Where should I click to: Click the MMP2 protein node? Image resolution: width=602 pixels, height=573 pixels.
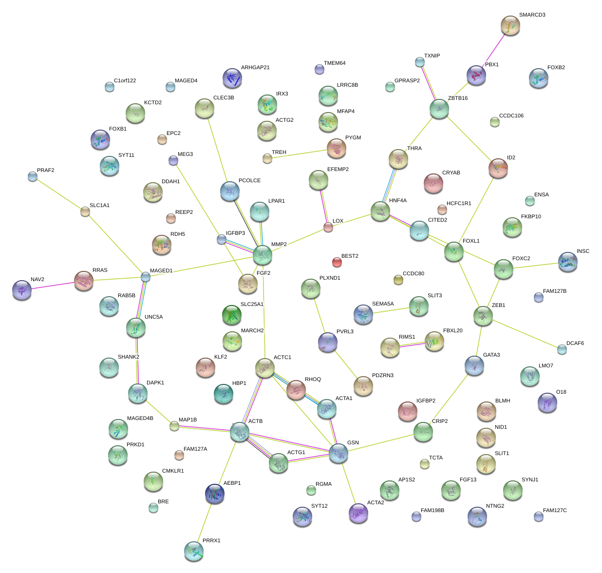click(263, 254)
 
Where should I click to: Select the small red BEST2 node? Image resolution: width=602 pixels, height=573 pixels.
click(337, 262)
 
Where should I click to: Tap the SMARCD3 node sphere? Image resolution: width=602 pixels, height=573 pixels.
click(510, 25)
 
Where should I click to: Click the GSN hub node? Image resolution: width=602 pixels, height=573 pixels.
click(339, 453)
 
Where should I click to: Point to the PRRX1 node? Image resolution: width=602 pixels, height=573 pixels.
click(194, 551)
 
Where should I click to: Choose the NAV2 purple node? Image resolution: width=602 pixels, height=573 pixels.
click(22, 290)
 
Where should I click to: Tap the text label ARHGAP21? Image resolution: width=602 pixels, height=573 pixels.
click(255, 68)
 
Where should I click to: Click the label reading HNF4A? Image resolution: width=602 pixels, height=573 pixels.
click(397, 201)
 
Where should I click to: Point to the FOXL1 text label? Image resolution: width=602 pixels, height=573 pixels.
click(471, 241)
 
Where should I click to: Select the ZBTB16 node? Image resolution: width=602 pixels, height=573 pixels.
click(439, 109)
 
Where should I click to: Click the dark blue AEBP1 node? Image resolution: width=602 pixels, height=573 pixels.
click(215, 494)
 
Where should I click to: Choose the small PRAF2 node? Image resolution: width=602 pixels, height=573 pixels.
click(33, 176)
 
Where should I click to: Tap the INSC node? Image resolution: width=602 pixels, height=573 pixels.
click(567, 262)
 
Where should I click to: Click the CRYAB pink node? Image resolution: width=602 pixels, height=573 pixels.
click(433, 183)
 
